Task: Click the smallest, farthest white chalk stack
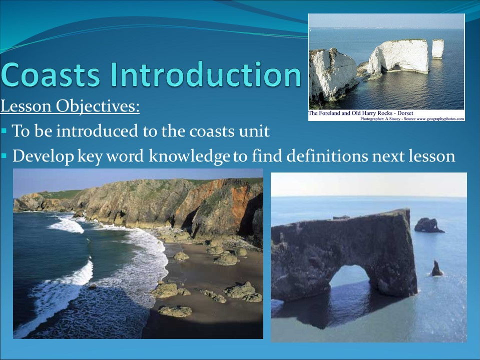pos(437,48)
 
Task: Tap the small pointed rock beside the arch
pos(436,269)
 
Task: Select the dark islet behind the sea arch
pos(428,225)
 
